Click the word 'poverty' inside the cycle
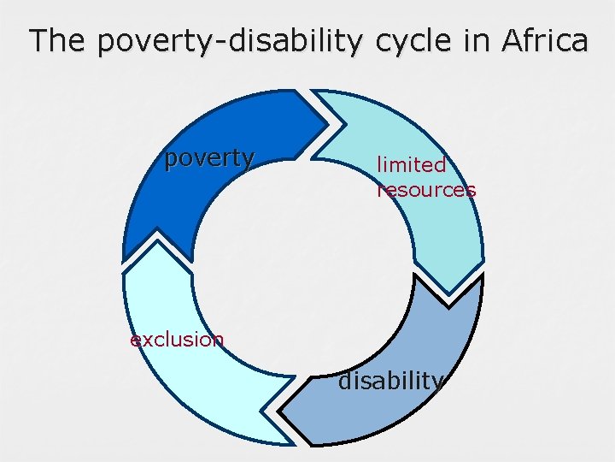tap(209, 158)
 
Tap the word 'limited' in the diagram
tap(411, 164)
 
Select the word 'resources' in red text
tap(426, 190)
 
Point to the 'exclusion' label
tap(177, 340)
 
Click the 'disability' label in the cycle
tap(391, 381)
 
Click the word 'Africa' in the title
tap(544, 40)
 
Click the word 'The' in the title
tap(57, 40)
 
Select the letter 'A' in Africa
tap(512, 40)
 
